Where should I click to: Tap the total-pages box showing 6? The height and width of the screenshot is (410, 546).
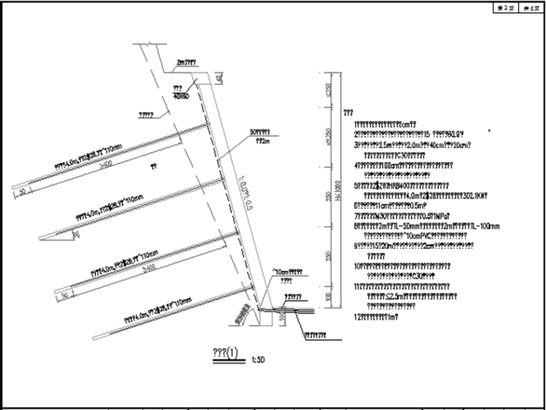(529, 8)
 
